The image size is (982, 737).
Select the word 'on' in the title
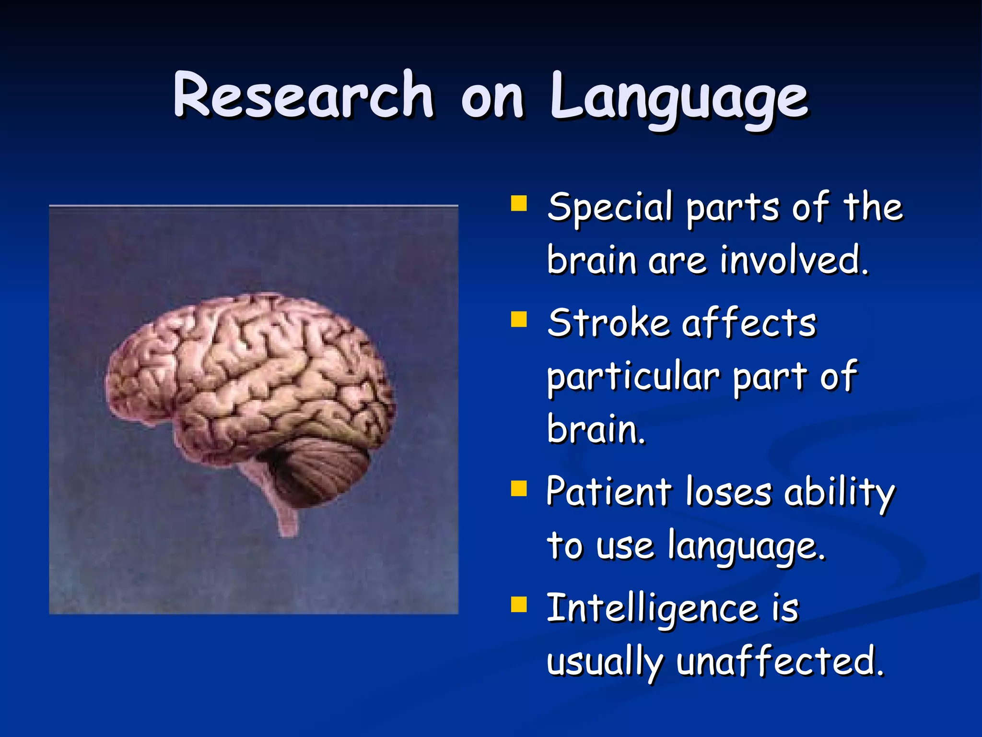coord(492,98)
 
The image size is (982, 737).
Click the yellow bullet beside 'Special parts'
coord(519,203)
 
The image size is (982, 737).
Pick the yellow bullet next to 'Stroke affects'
coord(519,319)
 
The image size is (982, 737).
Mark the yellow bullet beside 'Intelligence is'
coord(519,605)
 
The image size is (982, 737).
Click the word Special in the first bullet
coord(610,207)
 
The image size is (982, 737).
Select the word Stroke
coord(608,323)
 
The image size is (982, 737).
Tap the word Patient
coord(609,492)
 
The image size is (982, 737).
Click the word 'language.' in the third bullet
coord(746,547)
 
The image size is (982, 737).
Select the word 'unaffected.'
coord(780,662)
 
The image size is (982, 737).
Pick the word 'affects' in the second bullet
coord(749,323)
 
